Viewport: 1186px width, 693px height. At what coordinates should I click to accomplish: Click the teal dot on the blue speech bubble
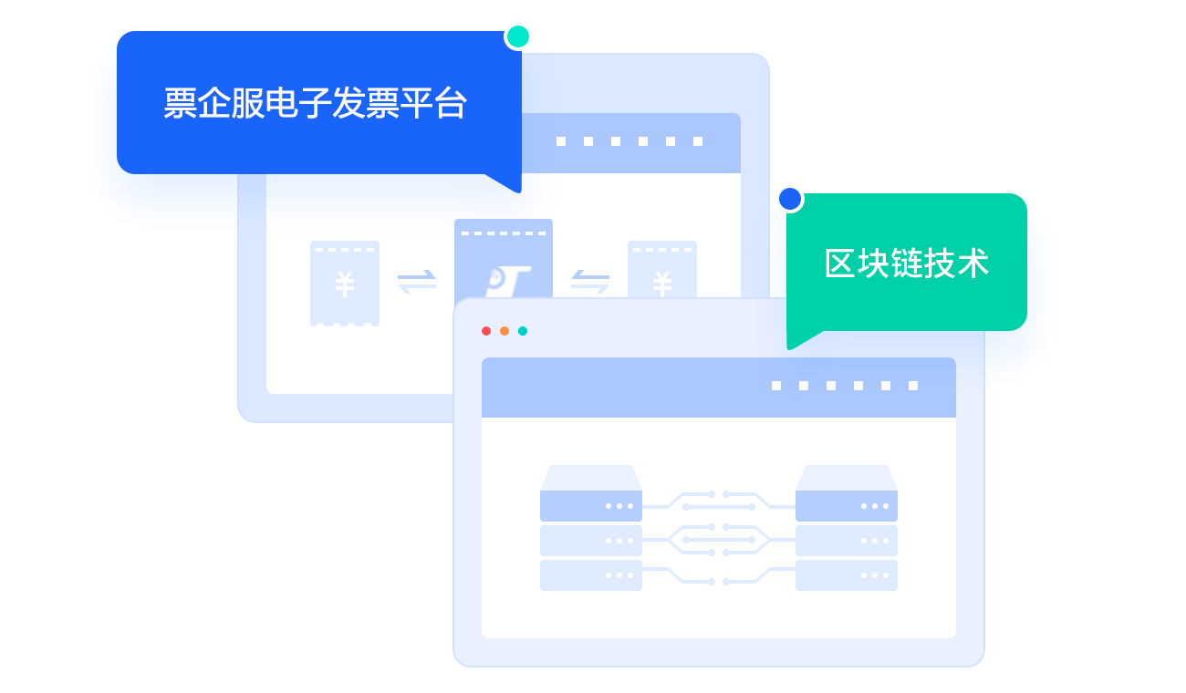click(518, 36)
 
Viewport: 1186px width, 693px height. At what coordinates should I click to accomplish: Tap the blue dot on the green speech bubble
click(790, 199)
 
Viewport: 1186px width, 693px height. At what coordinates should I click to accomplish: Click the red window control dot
click(486, 331)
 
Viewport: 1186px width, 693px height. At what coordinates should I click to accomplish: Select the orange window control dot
click(505, 331)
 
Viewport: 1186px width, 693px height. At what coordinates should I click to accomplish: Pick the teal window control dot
click(523, 331)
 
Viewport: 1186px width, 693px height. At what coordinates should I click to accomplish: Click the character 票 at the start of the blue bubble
click(181, 103)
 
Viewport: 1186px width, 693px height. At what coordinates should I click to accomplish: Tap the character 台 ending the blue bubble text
click(451, 103)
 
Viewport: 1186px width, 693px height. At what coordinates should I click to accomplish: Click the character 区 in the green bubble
click(839, 263)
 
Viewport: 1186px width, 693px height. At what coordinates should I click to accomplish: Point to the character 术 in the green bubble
click(973, 263)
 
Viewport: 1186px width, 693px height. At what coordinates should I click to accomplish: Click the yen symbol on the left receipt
click(345, 284)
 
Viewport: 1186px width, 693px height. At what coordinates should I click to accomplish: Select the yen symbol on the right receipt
click(662, 284)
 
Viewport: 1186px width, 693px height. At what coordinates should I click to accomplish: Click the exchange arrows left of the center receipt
click(417, 282)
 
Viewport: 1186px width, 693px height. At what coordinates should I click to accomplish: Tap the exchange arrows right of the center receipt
click(590, 282)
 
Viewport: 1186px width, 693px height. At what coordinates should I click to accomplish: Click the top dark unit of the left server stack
click(591, 506)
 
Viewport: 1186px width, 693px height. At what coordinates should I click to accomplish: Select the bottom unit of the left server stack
click(591, 575)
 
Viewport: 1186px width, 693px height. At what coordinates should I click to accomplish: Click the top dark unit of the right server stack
click(847, 506)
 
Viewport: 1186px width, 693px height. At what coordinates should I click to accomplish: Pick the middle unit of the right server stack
click(847, 540)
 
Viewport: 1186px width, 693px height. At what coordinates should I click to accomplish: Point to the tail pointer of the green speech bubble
click(801, 339)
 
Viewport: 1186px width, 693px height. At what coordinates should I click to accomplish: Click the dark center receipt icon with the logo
click(504, 259)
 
